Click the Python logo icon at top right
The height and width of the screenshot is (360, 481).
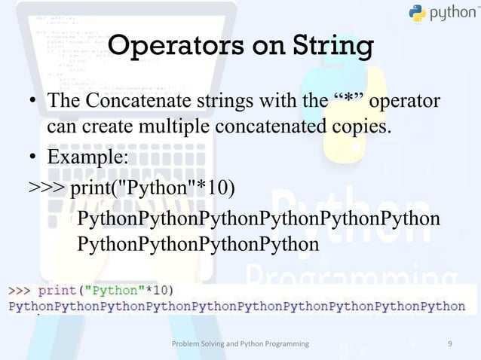418,13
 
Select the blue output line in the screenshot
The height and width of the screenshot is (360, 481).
237,306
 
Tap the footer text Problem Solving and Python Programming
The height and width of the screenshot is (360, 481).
240,343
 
